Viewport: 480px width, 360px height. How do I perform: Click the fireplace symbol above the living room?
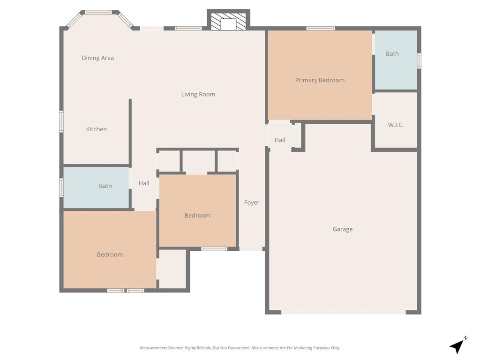click(x=228, y=21)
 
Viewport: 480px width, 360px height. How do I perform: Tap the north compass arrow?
click(x=457, y=346)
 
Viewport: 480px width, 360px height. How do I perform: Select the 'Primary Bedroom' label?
click(x=320, y=80)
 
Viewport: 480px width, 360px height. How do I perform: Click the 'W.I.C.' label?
click(x=396, y=125)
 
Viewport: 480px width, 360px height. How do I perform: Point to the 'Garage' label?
click(x=343, y=229)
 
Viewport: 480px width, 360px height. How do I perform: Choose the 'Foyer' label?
click(x=252, y=202)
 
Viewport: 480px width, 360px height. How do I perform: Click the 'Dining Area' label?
click(x=97, y=58)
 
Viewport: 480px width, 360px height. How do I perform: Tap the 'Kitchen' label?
click(x=96, y=129)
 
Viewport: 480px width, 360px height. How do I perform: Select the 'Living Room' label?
click(x=198, y=94)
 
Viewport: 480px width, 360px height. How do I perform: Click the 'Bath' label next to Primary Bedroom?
click(x=392, y=54)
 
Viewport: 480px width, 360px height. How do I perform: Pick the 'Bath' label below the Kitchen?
click(x=105, y=186)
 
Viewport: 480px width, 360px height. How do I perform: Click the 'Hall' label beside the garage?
click(x=280, y=140)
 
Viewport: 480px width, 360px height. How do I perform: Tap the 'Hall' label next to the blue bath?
click(x=144, y=183)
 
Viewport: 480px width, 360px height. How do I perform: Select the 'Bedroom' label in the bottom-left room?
click(x=110, y=255)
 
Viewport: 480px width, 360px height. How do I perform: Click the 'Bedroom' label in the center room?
click(x=197, y=216)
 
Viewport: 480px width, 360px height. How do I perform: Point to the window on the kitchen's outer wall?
click(x=61, y=121)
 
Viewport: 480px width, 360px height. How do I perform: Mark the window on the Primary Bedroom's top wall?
click(x=321, y=28)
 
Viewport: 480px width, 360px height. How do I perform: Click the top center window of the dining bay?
click(x=98, y=12)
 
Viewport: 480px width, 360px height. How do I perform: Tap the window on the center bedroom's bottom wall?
click(x=214, y=248)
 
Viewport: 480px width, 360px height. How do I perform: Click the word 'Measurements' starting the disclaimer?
click(x=153, y=348)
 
